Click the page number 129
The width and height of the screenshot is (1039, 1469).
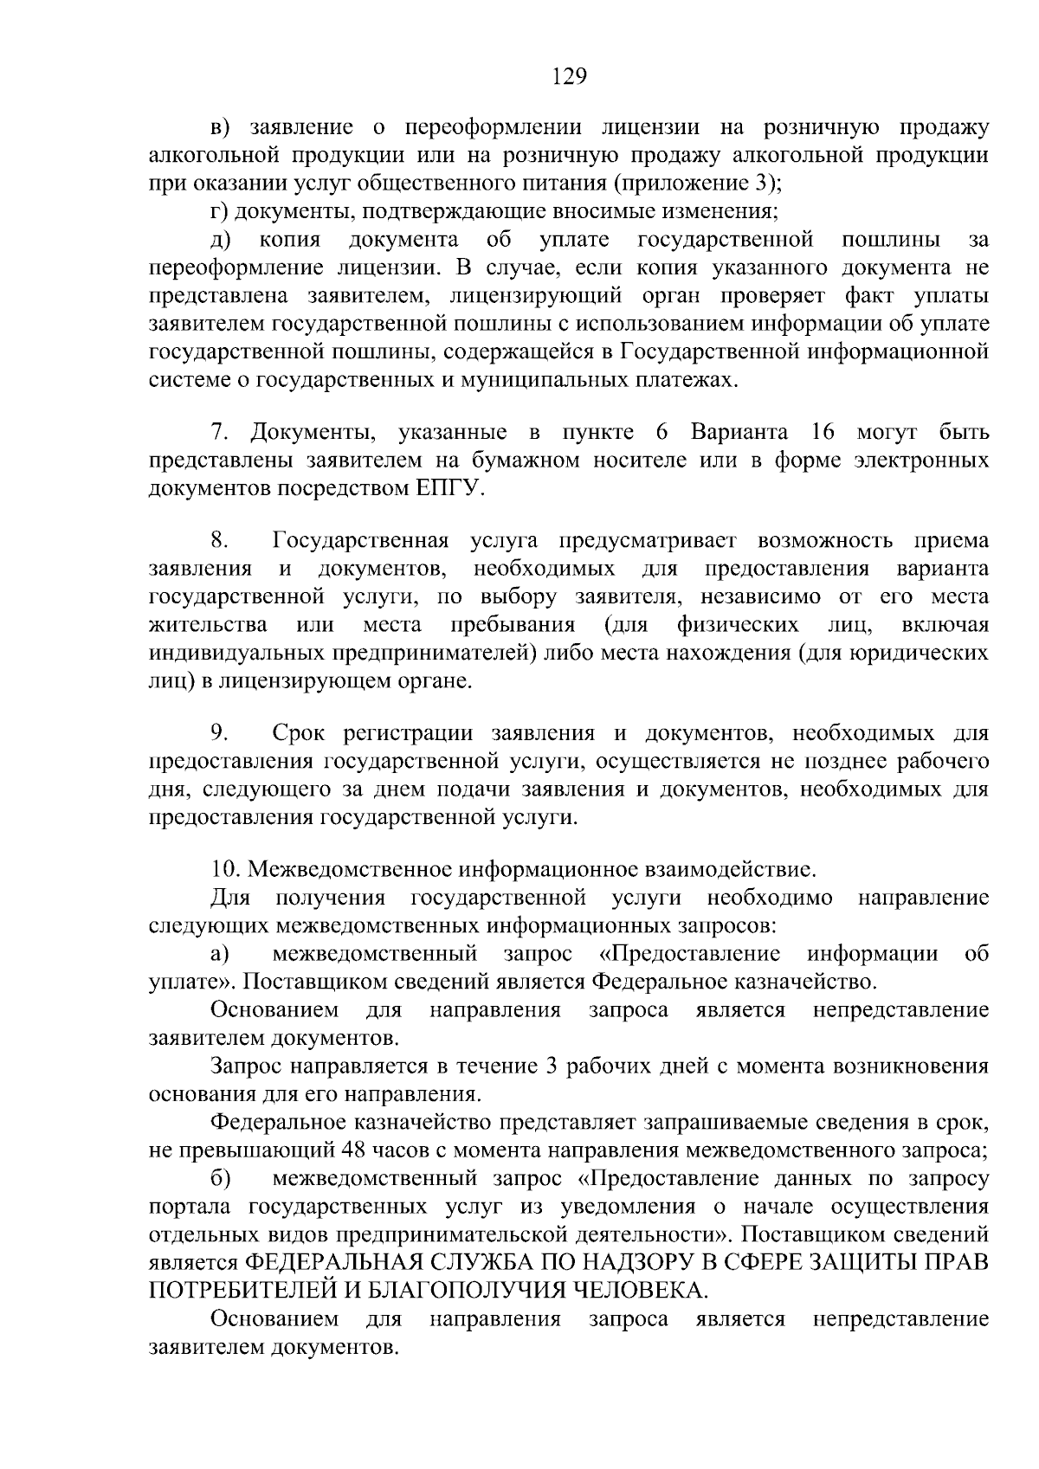click(569, 76)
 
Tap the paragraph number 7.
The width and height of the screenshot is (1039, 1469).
click(218, 431)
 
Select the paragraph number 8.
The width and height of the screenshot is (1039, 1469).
click(218, 541)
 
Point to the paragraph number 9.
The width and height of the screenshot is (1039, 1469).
click(218, 733)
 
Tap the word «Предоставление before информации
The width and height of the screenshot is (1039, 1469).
click(689, 954)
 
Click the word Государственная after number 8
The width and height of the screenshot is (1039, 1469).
click(360, 541)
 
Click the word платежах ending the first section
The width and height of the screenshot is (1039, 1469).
click(688, 379)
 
